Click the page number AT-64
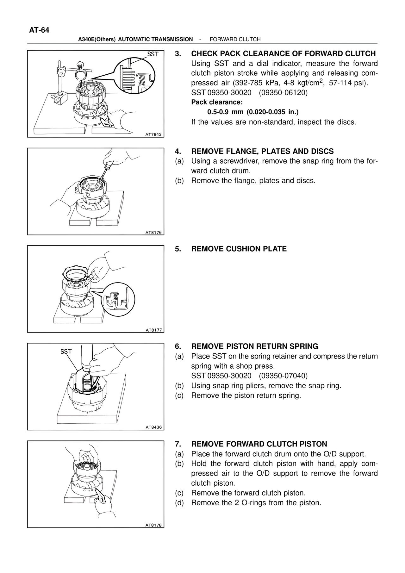coord(39,30)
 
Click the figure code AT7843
coord(153,134)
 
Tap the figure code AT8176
coord(153,232)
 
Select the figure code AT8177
coord(153,330)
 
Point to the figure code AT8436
coord(153,427)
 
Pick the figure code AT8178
coord(153,525)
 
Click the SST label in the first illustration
coord(153,54)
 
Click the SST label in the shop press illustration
coord(66,352)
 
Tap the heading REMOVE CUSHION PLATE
coord(239,249)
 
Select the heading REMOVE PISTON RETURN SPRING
coord(255,346)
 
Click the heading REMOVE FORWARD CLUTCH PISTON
coord(259,444)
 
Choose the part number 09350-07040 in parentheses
coord(283,376)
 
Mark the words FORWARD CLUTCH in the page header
coord(235,39)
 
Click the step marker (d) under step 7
coord(179,503)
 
